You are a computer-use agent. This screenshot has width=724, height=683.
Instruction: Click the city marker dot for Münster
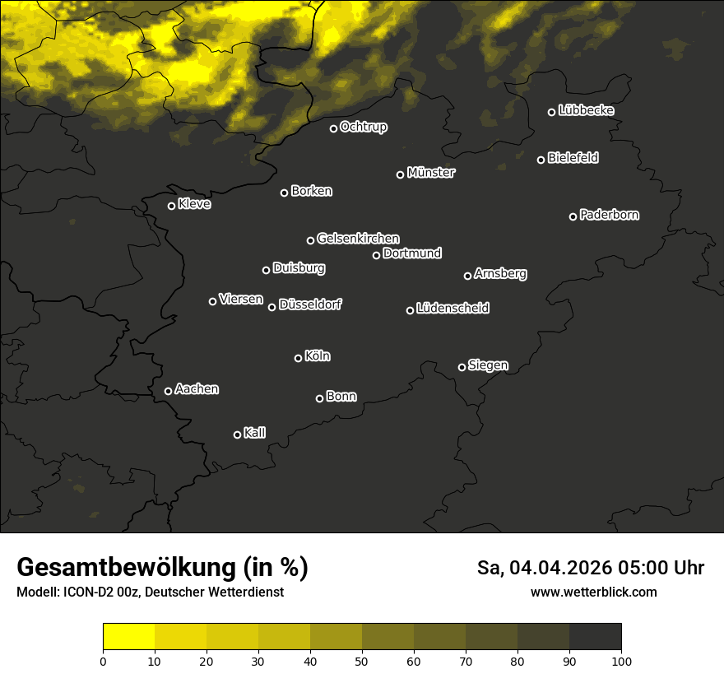click(x=401, y=174)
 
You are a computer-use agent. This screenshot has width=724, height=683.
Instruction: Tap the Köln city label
click(x=318, y=356)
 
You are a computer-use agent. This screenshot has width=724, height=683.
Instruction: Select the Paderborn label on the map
click(x=610, y=215)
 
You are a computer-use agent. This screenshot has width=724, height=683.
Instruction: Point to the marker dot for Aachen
click(x=169, y=391)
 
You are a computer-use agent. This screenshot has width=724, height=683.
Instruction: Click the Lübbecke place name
click(x=587, y=110)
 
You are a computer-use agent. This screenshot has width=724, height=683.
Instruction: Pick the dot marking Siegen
click(x=462, y=367)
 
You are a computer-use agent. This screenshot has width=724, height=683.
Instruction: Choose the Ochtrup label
click(x=364, y=127)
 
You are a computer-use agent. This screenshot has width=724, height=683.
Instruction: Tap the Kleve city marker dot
click(x=172, y=206)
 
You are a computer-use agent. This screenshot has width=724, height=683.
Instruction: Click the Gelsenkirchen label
click(x=358, y=239)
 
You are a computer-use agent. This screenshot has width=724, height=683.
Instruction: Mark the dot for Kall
click(x=238, y=434)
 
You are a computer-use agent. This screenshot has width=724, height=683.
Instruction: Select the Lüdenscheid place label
click(x=453, y=309)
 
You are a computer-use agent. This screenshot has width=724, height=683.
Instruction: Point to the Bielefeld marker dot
click(x=541, y=160)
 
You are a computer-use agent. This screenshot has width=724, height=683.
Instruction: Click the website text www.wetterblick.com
click(x=594, y=592)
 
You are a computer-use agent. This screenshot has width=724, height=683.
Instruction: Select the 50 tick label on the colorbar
click(x=362, y=660)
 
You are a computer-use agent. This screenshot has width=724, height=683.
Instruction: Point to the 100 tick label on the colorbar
click(x=621, y=660)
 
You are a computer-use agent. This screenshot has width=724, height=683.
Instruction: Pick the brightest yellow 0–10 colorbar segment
click(x=129, y=636)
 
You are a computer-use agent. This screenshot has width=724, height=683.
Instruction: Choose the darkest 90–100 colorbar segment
click(x=595, y=636)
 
